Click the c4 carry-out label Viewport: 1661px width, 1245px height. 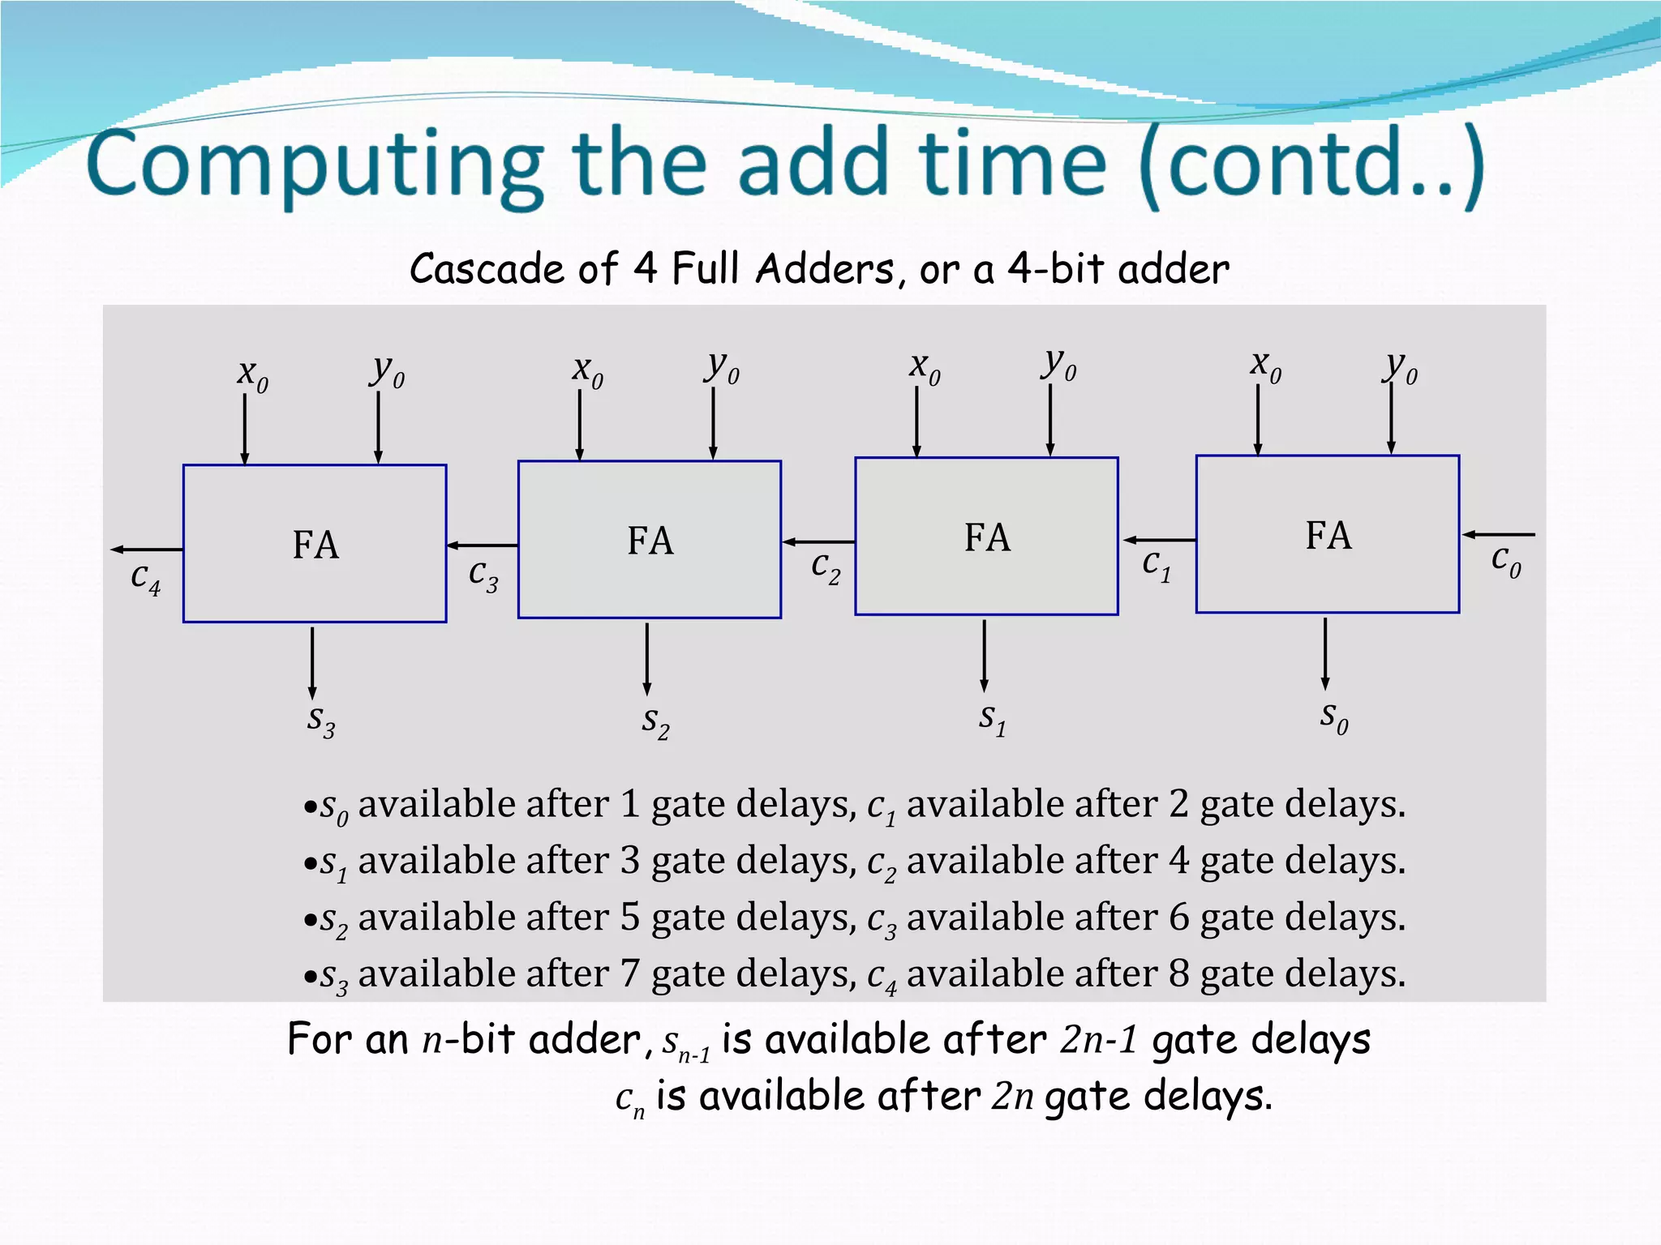(x=146, y=579)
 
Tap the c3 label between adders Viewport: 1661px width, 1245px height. (x=483, y=575)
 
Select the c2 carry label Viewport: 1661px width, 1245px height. (x=826, y=567)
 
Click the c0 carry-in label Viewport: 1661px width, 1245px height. (x=1505, y=561)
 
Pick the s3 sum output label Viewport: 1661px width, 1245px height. (x=321, y=721)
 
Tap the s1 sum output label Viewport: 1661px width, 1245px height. (x=992, y=718)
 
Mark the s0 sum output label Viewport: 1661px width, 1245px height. (x=1333, y=717)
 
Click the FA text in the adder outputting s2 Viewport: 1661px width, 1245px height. (x=650, y=541)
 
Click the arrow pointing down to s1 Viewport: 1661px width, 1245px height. (x=984, y=657)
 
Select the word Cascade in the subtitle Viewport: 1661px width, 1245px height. (x=486, y=269)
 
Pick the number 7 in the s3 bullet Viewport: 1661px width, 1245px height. (x=630, y=973)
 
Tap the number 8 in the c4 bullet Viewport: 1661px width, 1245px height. (x=1178, y=973)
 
